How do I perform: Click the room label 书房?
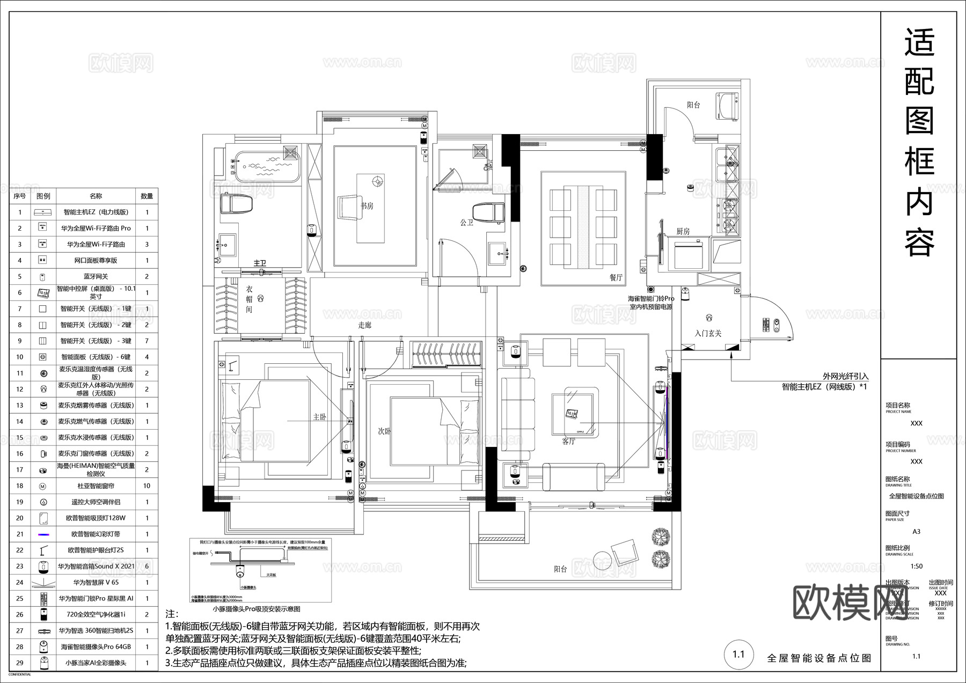(367, 205)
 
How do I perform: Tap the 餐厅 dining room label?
(616, 277)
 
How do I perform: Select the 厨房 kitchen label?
(683, 231)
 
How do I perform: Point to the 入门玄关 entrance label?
(708, 333)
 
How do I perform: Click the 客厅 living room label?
(569, 441)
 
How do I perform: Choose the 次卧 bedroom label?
(384, 431)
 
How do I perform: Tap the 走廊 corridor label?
(365, 325)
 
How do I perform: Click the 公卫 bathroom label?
(466, 222)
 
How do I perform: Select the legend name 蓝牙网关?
(96, 277)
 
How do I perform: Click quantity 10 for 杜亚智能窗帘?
(147, 486)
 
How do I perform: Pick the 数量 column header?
(147, 196)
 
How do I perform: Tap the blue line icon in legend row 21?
(43, 534)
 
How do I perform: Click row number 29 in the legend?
(20, 663)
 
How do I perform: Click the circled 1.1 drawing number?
(738, 654)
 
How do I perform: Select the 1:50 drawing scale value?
(917, 566)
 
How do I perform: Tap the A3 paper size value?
(916, 532)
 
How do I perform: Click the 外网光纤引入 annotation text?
(845, 377)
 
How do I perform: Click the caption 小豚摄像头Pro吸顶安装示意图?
(257, 609)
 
